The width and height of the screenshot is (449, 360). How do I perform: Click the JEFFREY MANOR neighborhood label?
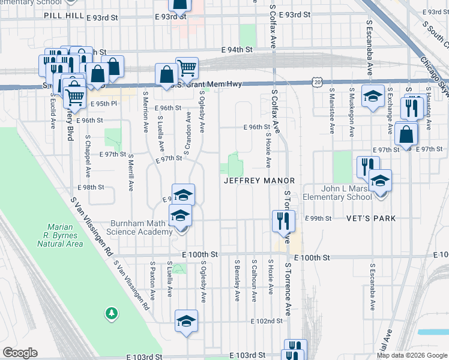259,181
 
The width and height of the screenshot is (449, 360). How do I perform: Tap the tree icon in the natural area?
110,313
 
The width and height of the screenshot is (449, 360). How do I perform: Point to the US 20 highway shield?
317,80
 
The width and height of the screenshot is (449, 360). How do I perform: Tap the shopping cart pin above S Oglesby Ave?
187,68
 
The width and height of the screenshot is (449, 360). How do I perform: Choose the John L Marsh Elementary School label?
347,192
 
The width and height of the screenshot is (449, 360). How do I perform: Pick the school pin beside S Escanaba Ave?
373,95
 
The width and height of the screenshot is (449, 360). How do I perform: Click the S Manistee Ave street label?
331,111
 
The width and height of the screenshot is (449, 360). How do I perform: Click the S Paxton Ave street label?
153,280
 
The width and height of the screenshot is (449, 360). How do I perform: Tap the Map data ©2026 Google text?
412,355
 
